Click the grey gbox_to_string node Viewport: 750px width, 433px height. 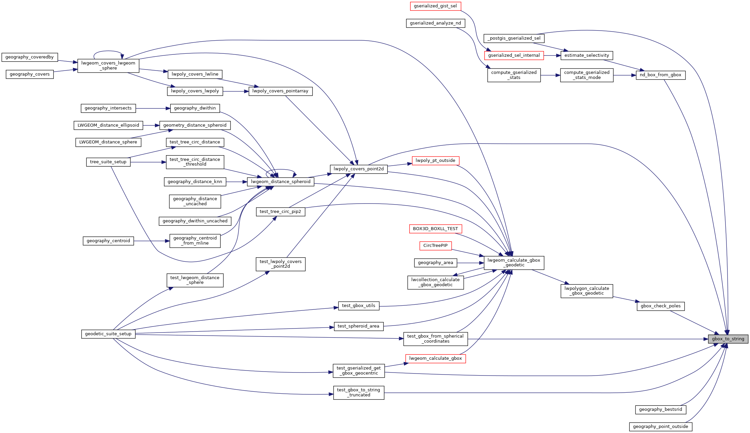728,339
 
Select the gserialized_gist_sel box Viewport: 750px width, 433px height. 435,6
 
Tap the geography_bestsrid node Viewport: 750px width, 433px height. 660,409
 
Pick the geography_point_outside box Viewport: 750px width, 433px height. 660,427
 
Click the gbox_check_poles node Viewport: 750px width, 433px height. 660,306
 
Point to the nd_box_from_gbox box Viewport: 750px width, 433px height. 660,75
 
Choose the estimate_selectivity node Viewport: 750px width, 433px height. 586,55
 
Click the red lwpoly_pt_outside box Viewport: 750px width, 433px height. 435,161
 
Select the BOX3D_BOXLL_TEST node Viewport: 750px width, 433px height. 435,229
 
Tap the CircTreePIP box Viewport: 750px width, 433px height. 435,246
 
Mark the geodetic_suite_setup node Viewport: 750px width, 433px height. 108,334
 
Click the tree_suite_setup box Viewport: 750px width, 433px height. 108,162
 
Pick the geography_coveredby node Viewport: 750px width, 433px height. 30,57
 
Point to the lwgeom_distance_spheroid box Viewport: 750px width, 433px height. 281,182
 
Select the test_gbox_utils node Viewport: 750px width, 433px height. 359,306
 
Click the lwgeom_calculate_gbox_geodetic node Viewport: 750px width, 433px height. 514,263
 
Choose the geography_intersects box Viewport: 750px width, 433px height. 108,108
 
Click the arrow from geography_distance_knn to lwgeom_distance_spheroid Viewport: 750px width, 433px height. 237,182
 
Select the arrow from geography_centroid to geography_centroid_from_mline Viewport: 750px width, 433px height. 152,241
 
